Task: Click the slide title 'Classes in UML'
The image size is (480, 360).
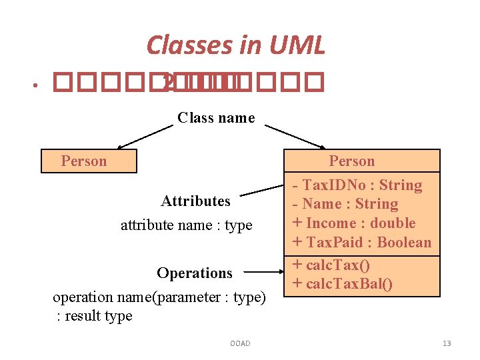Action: pyautogui.click(x=235, y=45)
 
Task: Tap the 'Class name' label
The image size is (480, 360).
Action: pyautogui.click(x=216, y=118)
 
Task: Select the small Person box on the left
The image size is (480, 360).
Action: pyautogui.click(x=89, y=161)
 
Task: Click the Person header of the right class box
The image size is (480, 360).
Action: pyautogui.click(x=351, y=161)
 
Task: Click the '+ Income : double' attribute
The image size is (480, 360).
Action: pyautogui.click(x=354, y=223)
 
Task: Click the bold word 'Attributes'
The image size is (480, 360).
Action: pyautogui.click(x=195, y=201)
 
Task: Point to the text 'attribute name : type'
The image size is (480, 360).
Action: pyautogui.click(x=186, y=225)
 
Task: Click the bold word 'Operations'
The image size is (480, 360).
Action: pyautogui.click(x=195, y=273)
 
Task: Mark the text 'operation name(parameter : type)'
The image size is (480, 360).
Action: pyautogui.click(x=159, y=297)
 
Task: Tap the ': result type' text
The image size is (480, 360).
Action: pyautogui.click(x=94, y=316)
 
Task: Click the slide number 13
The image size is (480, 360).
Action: pyautogui.click(x=447, y=343)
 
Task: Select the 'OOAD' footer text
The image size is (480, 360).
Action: pyautogui.click(x=239, y=343)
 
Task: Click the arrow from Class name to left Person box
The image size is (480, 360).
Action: pyautogui.click(x=145, y=136)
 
